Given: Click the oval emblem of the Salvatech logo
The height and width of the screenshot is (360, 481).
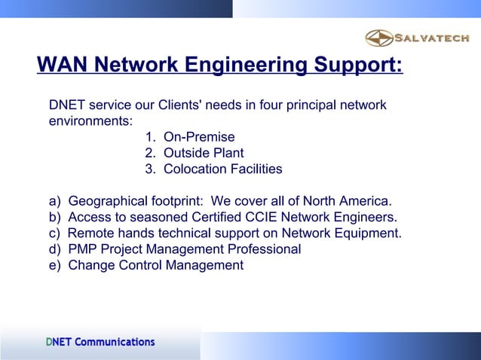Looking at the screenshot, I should click(379, 38).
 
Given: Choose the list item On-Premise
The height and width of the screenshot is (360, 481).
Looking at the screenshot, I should click(199, 137).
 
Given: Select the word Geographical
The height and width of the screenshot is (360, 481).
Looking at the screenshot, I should click(112, 202).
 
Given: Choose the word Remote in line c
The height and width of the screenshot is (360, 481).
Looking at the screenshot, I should click(90, 233).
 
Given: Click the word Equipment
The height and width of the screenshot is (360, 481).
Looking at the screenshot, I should click(369, 233).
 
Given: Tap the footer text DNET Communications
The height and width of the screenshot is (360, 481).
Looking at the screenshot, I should click(100, 342).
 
